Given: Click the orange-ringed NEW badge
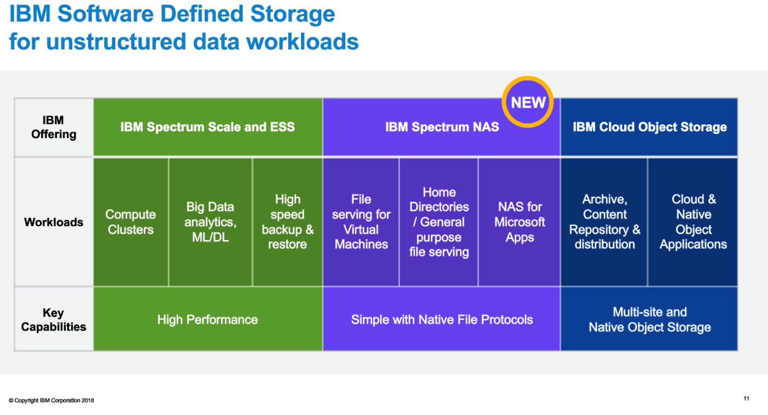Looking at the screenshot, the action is (528, 102).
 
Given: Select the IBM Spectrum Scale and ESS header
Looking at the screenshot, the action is (208, 127).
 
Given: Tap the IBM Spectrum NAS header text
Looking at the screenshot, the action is (442, 127).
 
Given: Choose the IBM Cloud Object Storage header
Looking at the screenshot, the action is (649, 127).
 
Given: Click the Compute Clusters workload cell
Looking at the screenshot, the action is (131, 222).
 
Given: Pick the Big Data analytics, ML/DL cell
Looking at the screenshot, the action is (211, 222).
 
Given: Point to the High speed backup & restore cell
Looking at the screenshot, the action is (287, 222).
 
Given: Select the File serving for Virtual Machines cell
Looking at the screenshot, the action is (361, 222).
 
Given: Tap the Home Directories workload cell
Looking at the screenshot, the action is (439, 222).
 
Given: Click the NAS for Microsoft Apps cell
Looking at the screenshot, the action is (520, 222).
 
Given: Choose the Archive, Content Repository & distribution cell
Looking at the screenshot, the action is (604, 222).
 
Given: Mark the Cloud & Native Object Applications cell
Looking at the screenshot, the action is (693, 222).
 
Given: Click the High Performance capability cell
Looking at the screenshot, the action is (208, 319).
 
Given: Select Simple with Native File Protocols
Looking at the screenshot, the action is (442, 319).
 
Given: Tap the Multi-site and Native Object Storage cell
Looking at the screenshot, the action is (649, 319).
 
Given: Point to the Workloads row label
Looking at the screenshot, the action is (53, 222).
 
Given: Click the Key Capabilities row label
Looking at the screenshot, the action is (53, 320).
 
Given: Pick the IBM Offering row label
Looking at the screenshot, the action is (53, 127).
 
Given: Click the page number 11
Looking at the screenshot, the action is (746, 398).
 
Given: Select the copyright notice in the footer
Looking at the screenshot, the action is (51, 400).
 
